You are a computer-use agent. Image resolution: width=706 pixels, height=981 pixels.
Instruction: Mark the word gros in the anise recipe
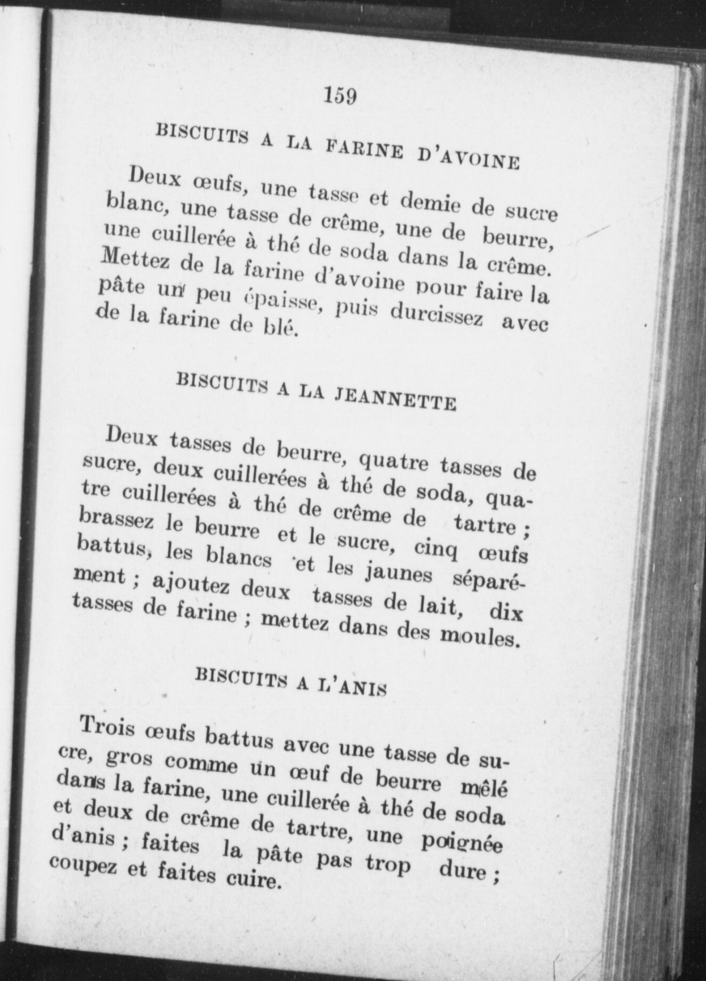(x=129, y=757)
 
